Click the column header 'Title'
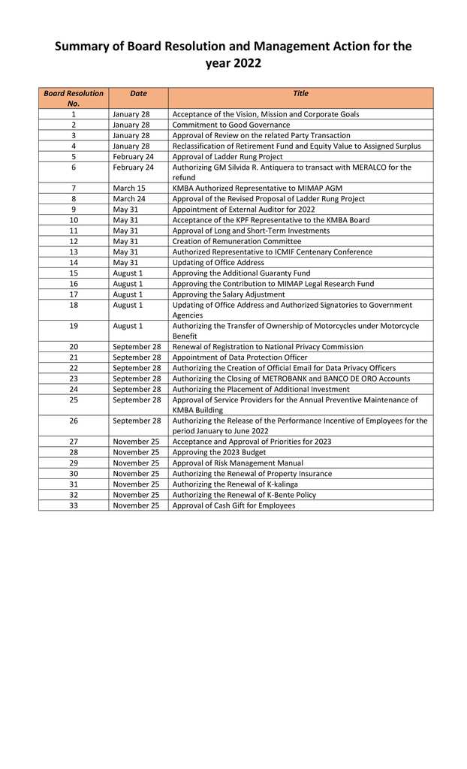300,94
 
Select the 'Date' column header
138,94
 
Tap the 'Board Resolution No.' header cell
74,98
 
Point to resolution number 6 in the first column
74,167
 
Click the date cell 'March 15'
129,188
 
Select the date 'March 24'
129,199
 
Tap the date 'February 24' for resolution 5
133,157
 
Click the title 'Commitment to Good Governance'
230,125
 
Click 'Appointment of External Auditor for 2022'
243,210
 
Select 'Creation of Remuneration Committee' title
237,241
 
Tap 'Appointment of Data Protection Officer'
240,357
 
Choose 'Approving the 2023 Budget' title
219,453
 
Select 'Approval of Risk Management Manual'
238,463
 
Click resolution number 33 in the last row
74,505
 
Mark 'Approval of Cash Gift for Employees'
234,505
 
